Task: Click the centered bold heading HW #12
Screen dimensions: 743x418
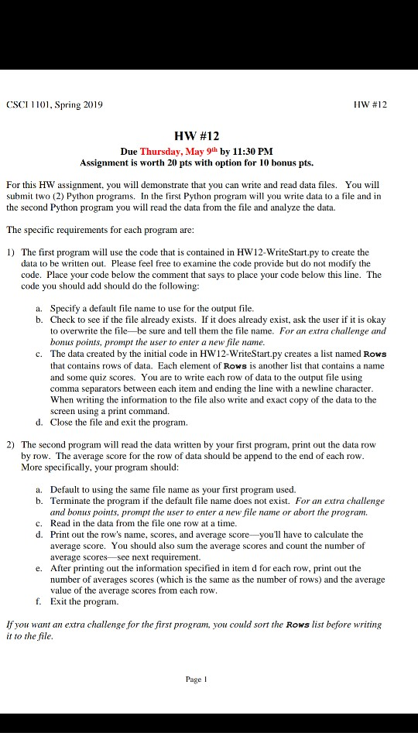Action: pyautogui.click(x=208, y=136)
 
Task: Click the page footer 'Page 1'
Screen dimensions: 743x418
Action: pyautogui.click(x=197, y=679)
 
